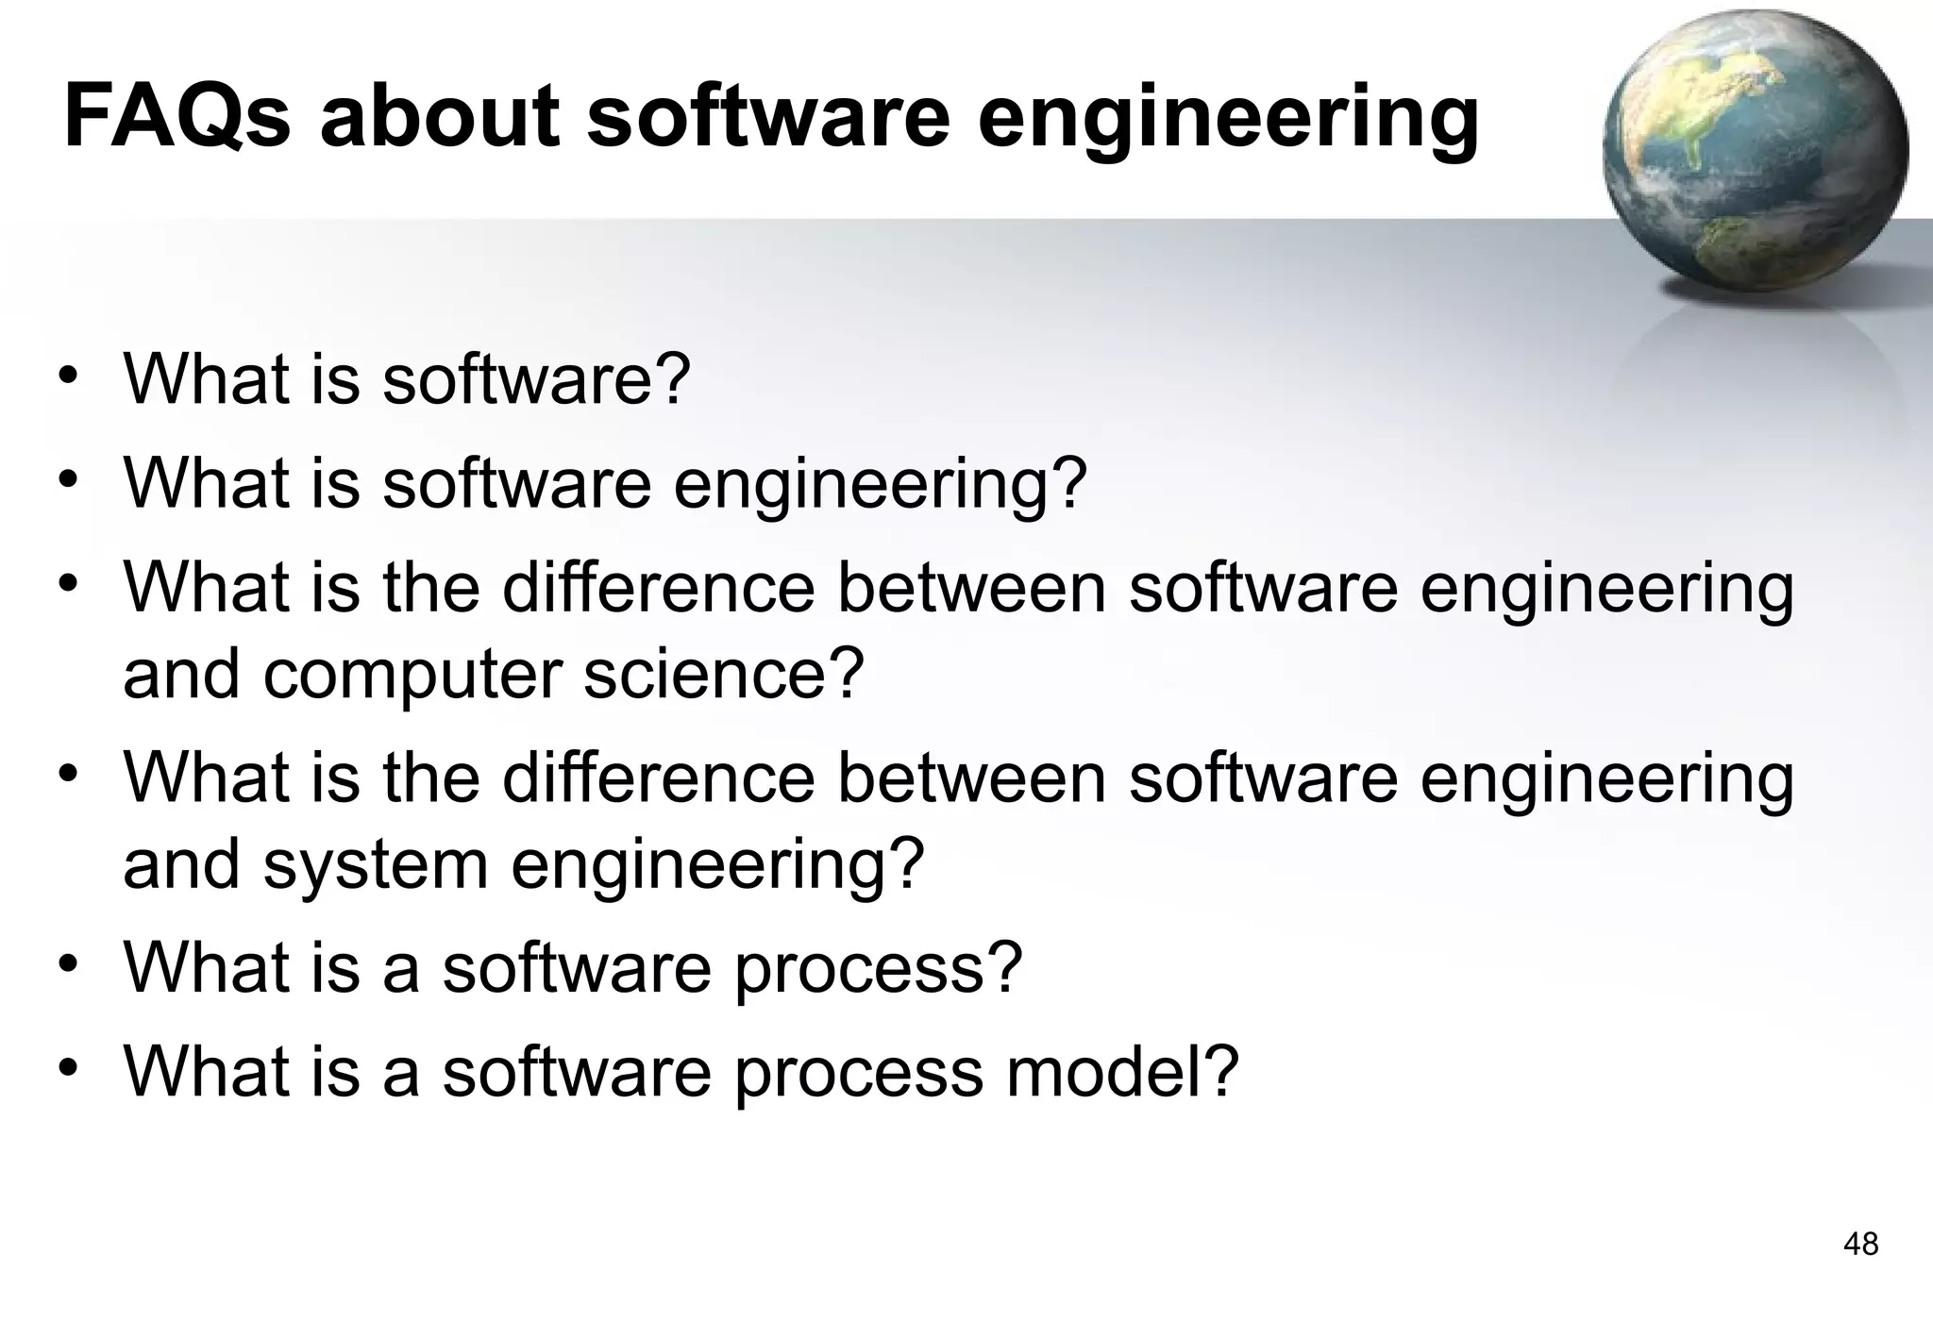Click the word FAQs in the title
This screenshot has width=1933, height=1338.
point(176,117)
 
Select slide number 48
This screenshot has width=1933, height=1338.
point(1860,1245)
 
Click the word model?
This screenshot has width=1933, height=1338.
point(1122,1072)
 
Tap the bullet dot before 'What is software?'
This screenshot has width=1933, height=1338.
point(67,376)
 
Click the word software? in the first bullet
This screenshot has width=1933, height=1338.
point(536,379)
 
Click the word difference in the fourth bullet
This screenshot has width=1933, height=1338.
point(658,778)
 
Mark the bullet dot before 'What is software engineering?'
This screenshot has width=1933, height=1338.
point(67,480)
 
